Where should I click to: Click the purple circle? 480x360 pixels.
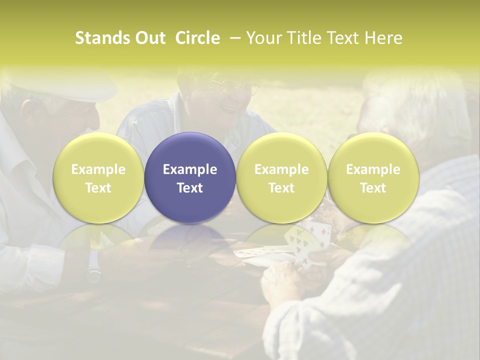(190, 177)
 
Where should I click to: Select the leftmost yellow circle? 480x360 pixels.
(98, 177)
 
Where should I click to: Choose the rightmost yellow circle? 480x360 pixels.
(373, 177)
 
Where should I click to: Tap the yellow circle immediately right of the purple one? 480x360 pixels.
(281, 177)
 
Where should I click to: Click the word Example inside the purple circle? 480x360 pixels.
(190, 169)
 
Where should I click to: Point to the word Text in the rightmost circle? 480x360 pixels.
(373, 188)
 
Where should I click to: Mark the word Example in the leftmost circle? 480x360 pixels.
(98, 169)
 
